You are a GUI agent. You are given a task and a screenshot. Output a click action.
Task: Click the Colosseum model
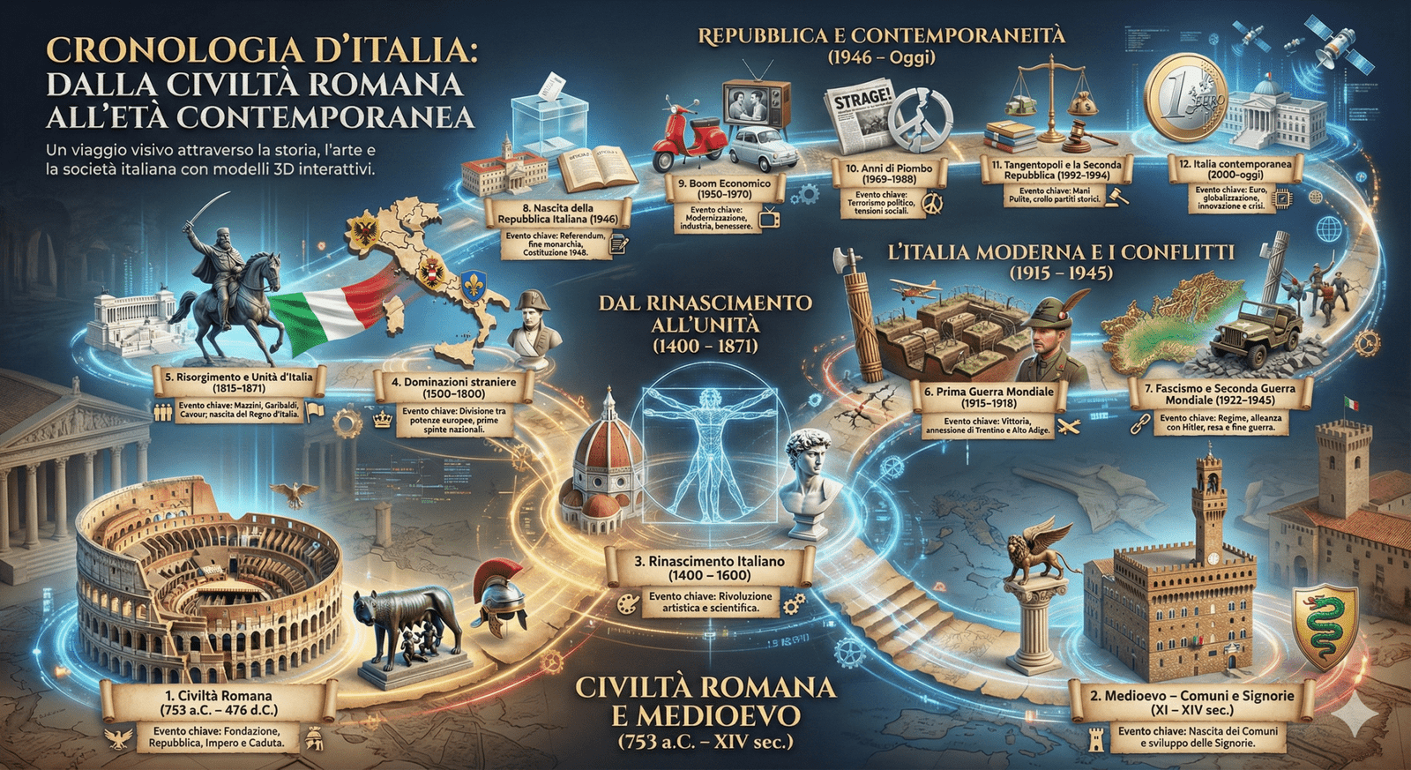click(207, 582)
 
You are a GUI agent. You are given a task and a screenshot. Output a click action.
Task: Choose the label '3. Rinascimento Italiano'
click(709, 568)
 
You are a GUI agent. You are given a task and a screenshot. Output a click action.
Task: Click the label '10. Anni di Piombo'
click(889, 173)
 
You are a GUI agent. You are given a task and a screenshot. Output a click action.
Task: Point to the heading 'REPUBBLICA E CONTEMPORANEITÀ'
click(881, 36)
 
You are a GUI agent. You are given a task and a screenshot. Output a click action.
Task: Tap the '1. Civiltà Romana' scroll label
click(217, 702)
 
